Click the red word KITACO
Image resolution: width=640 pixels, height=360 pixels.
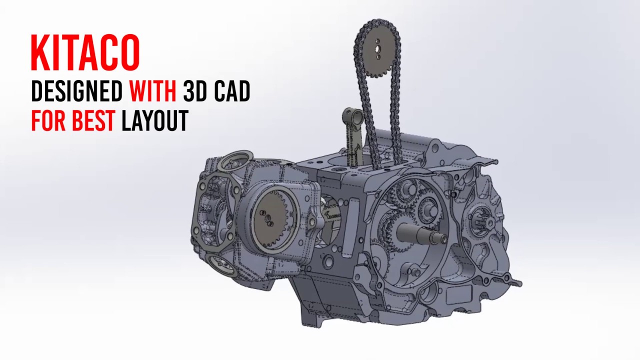coord(85,52)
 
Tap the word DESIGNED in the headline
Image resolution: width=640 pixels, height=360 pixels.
coord(77,91)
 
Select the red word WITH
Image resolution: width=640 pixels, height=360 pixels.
coord(153,91)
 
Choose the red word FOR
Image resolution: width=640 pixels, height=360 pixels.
coord(49,120)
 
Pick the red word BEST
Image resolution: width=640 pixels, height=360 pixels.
coord(94,120)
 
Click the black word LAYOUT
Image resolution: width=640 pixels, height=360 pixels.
coord(155,120)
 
